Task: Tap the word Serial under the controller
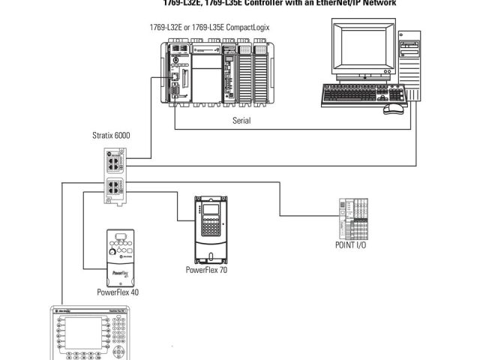click(241, 120)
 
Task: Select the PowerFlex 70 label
click(206, 269)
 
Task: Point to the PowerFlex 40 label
click(118, 292)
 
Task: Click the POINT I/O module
click(353, 218)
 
